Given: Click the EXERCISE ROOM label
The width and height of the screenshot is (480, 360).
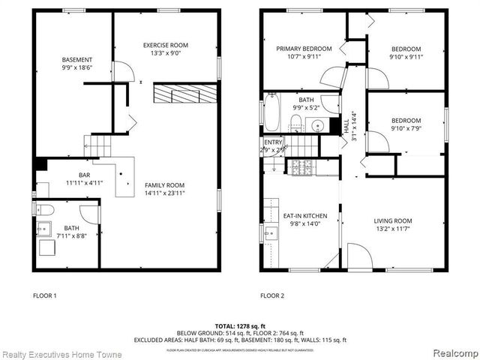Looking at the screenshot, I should click(165, 46).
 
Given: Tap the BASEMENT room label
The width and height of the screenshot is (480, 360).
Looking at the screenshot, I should click(77, 60).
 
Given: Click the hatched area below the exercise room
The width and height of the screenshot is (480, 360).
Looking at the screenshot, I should click(184, 94).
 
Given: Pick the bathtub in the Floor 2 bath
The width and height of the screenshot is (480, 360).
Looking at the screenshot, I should click(271, 113).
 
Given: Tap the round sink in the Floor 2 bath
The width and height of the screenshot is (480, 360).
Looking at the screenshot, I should click(318, 125).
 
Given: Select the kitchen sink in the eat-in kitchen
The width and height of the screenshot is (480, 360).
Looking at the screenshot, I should click(268, 233).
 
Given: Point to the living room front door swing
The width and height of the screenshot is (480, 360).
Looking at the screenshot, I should click(361, 258).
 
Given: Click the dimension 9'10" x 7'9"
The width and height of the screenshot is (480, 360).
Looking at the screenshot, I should click(405, 128).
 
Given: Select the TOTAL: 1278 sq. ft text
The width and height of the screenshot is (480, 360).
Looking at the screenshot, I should click(239, 325).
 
